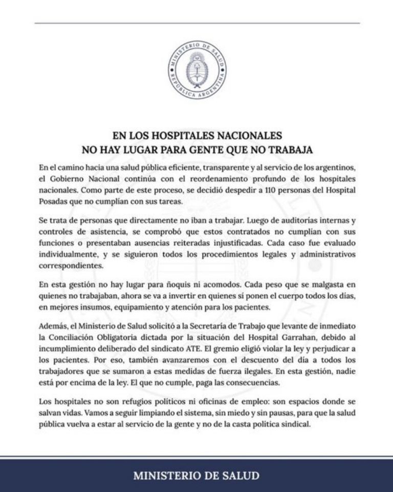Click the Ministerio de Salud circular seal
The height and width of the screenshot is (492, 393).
(x=196, y=70)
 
